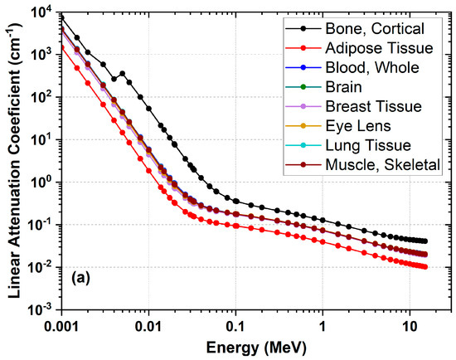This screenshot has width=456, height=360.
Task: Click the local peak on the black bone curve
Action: [123, 73]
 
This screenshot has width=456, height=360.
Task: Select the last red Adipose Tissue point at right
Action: [424, 266]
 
